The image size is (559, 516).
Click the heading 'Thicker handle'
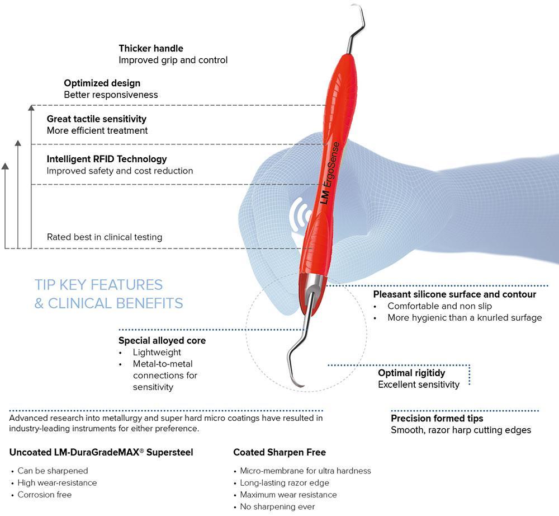pyautogui.click(x=151, y=49)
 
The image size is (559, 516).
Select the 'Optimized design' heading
pyautogui.click(x=102, y=83)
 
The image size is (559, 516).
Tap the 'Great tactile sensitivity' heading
pyautogui.click(x=96, y=119)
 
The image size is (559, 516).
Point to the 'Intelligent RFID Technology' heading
pyautogui.click(x=107, y=159)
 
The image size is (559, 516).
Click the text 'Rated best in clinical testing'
pyautogui.click(x=105, y=237)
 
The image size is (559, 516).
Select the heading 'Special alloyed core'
pyautogui.click(x=162, y=340)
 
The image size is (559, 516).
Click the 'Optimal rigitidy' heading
pyautogui.click(x=411, y=373)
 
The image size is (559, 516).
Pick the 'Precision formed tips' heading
pyautogui.click(x=437, y=418)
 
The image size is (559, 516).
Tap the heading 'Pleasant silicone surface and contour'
pyautogui.click(x=454, y=294)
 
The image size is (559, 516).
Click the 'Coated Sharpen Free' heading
pyautogui.click(x=279, y=452)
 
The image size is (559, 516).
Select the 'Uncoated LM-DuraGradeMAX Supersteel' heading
pyautogui.click(x=101, y=452)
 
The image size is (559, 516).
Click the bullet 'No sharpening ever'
pyautogui.click(x=277, y=506)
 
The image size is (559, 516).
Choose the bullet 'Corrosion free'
pyautogui.click(x=44, y=495)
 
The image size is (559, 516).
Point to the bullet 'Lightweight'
pyautogui.click(x=157, y=353)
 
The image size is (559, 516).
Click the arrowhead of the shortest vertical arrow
pyautogui.click(x=6, y=166)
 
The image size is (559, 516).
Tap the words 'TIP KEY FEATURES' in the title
pyautogui.click(x=98, y=285)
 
